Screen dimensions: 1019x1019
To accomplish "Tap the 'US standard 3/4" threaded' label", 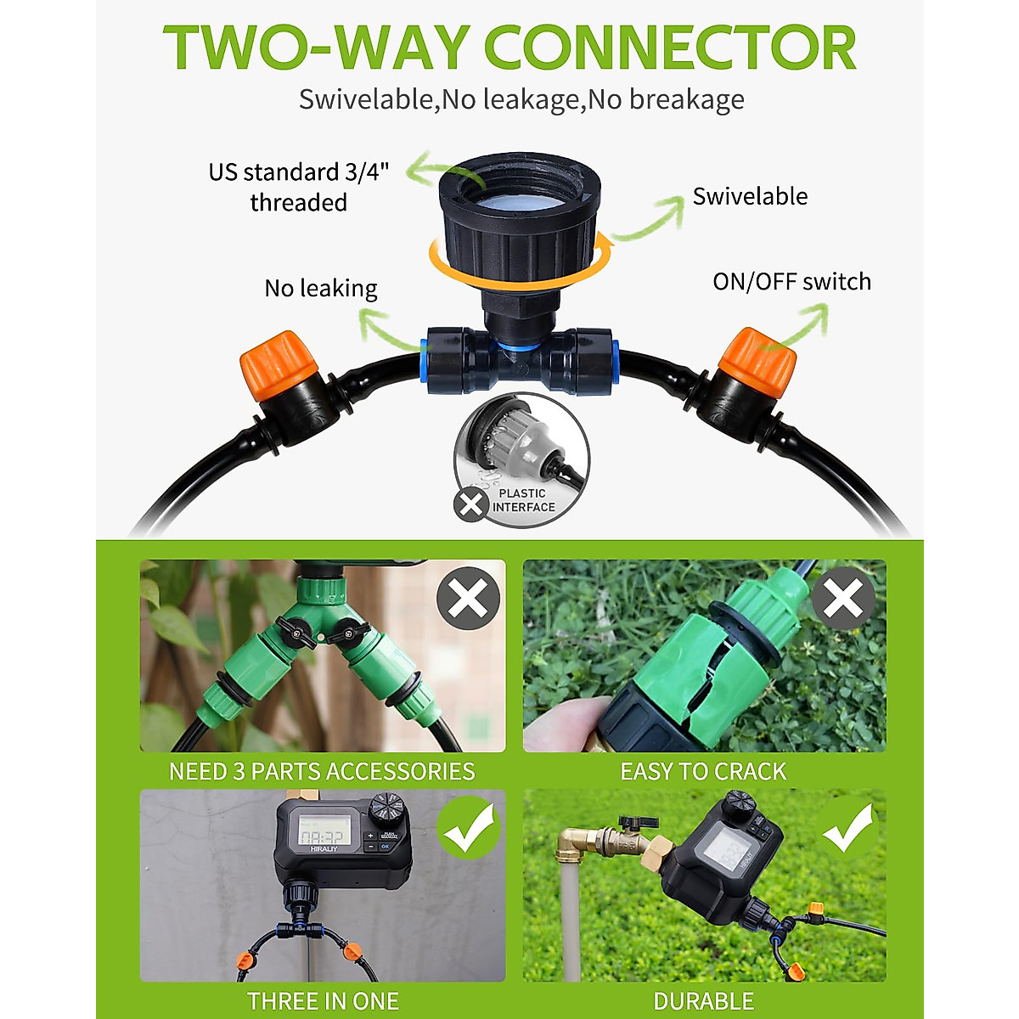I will coord(299,187).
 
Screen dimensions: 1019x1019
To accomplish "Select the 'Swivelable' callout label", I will coord(750,196).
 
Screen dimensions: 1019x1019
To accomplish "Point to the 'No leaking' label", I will coord(321,289).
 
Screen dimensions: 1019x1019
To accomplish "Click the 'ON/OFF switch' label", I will coord(791,282).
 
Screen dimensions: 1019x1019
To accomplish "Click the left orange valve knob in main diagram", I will coord(279,368).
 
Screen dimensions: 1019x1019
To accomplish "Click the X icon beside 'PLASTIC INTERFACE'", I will coord(470,505).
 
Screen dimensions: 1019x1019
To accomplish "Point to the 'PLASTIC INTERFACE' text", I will coord(523,500).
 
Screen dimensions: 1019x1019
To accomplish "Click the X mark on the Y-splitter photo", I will coord(468,599).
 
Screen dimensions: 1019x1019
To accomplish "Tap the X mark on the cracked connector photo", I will coord(842,599).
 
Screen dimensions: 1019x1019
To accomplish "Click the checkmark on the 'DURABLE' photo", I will coord(847,826).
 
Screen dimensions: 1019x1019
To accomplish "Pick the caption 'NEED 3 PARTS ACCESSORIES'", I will coord(322,771).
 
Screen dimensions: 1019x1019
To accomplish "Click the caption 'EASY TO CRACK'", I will coord(703,771).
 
